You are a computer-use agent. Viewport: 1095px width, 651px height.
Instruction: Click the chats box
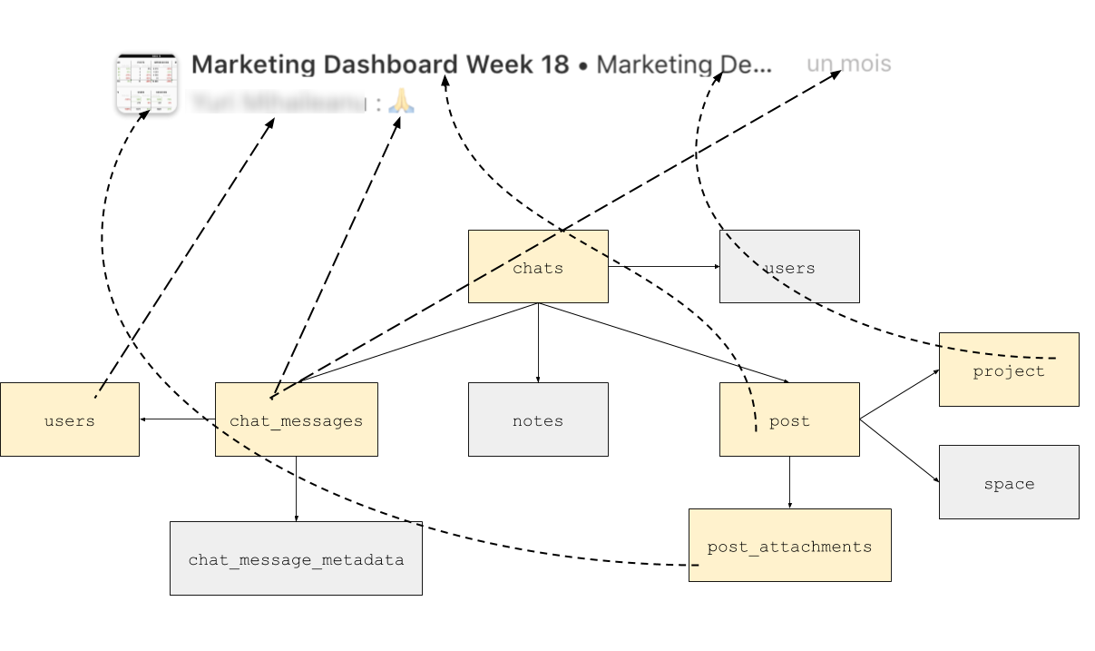point(538,267)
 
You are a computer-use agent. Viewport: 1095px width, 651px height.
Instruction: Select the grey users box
point(789,267)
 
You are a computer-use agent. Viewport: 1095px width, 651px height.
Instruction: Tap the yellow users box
point(70,420)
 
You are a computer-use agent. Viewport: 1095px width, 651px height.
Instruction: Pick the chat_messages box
point(296,420)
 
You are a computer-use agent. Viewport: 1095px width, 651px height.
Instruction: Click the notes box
point(538,420)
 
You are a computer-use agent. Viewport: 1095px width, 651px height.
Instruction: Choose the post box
point(789,420)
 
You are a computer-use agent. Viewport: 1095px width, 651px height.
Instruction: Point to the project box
point(1009,370)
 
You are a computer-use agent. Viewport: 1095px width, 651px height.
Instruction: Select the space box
point(1009,483)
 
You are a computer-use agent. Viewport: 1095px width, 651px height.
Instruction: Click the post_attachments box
point(789,546)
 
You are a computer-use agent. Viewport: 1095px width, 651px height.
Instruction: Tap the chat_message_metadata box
point(296,559)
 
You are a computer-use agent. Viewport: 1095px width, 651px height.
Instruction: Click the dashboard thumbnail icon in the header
point(146,84)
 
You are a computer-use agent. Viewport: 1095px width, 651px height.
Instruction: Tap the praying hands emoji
point(401,102)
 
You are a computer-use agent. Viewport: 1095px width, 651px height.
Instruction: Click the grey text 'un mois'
point(848,64)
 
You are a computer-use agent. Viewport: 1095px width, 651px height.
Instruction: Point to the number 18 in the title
point(554,64)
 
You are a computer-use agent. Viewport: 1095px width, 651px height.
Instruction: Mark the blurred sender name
point(277,103)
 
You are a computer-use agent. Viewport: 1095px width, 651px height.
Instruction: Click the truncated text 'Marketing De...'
point(684,64)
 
